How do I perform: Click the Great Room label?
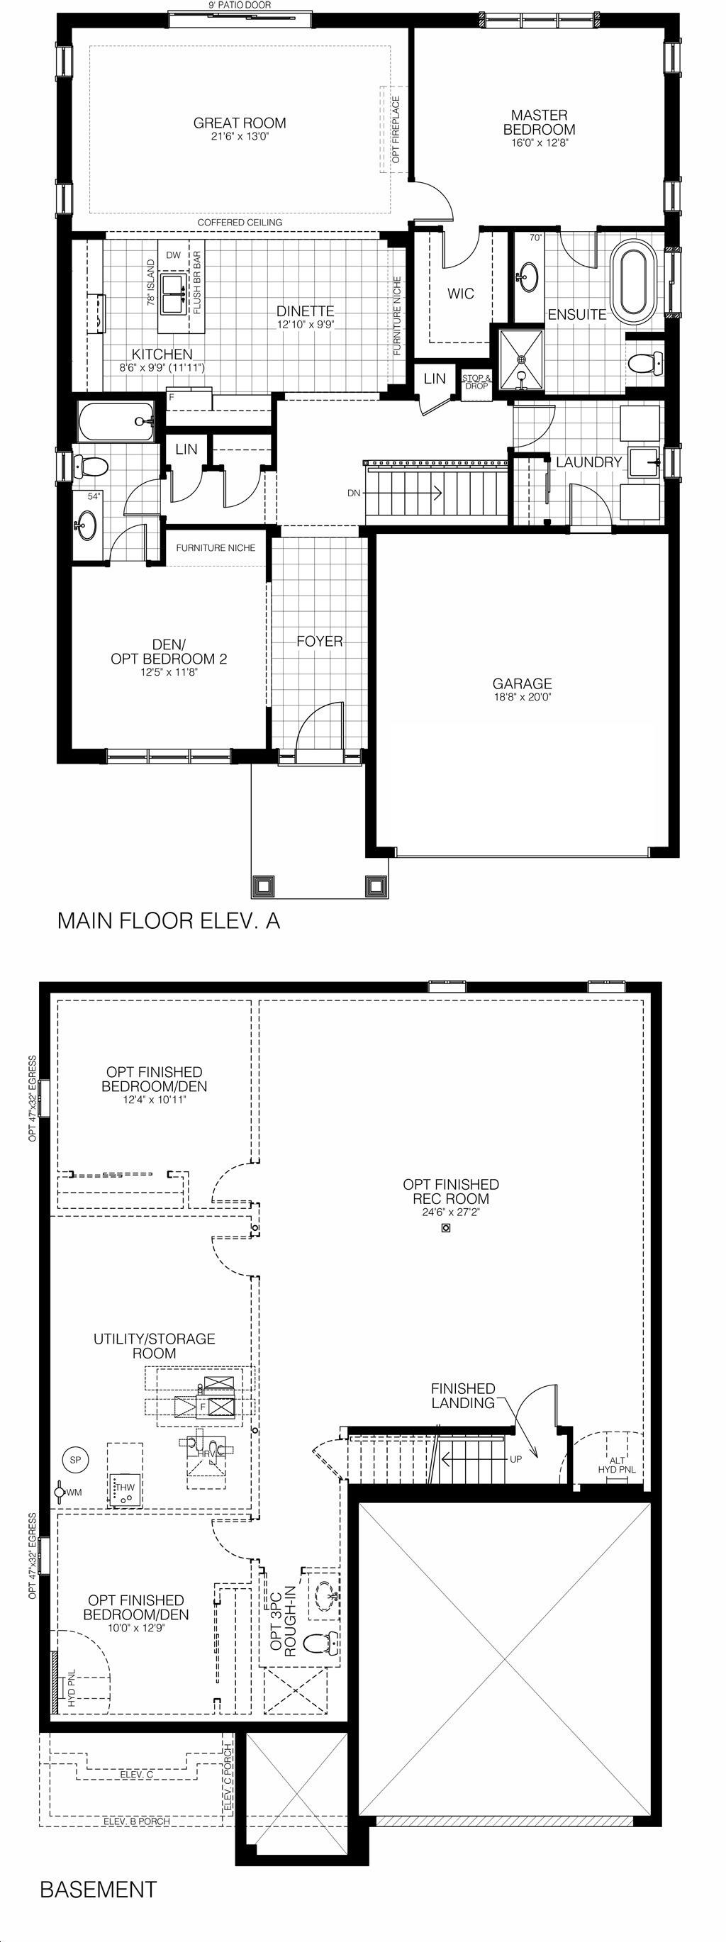tap(240, 123)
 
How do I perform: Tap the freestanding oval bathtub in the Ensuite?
tap(638, 281)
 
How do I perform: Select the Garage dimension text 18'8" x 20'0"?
tap(523, 698)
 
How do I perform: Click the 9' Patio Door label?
tap(240, 4)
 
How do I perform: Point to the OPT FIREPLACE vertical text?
tap(396, 130)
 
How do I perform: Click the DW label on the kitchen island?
tap(174, 255)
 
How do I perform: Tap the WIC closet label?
tap(461, 294)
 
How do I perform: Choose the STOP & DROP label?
tap(476, 382)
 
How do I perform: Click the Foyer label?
tap(320, 641)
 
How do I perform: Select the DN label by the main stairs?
tap(354, 493)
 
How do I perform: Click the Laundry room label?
tap(588, 462)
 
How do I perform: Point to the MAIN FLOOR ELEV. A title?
tap(169, 920)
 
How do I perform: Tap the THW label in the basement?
tap(125, 1488)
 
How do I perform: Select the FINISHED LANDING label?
tap(463, 1396)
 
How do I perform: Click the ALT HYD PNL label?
tap(617, 1465)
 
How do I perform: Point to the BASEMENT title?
tap(98, 1890)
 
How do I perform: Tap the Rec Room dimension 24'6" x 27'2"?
tap(451, 1213)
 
